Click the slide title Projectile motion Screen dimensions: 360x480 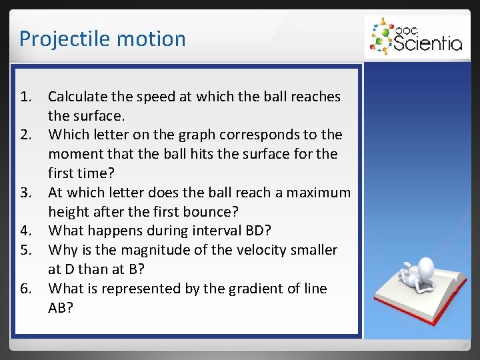102,39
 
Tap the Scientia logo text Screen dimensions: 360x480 427,43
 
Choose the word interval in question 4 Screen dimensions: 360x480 205,231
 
